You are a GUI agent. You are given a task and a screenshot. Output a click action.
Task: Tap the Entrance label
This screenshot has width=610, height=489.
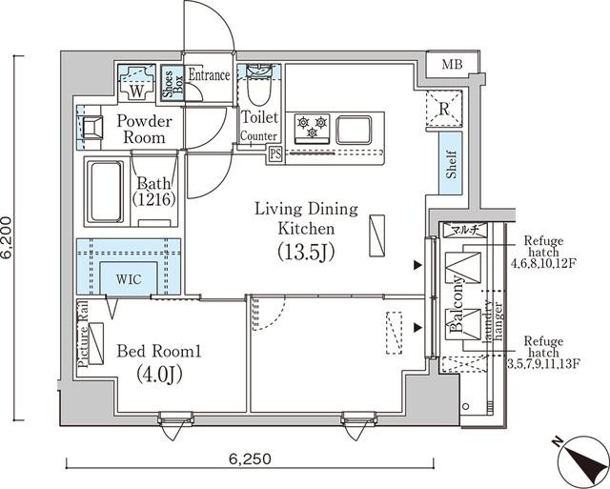tap(209, 75)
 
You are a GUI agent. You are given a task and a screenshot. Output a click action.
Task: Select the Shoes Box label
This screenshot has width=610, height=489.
tap(169, 84)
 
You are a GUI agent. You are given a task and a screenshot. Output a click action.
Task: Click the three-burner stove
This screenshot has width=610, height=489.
tap(312, 126)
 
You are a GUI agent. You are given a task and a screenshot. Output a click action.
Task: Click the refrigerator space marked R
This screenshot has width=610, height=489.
tap(444, 108)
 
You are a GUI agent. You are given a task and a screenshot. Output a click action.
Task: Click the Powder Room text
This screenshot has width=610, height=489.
tap(143, 130)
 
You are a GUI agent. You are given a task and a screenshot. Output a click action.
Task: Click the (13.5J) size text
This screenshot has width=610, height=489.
tap(304, 252)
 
